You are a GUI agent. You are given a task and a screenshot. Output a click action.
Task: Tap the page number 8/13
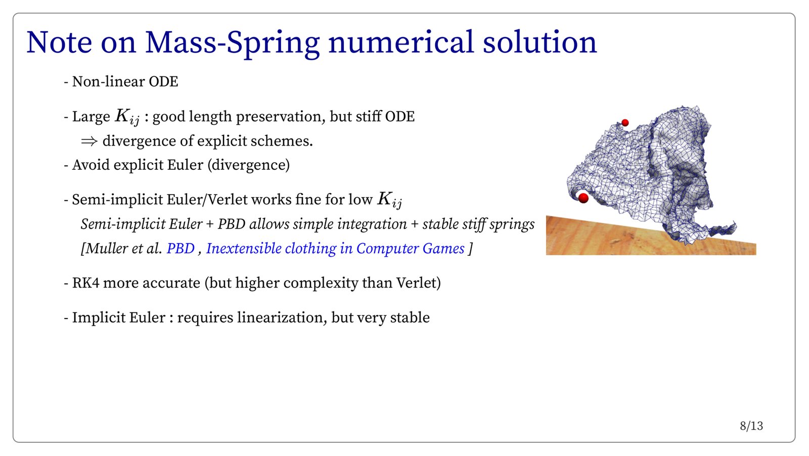(751, 426)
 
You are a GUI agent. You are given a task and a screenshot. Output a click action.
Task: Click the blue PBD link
(180, 248)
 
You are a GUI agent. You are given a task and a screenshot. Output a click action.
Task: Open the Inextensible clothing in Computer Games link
(335, 249)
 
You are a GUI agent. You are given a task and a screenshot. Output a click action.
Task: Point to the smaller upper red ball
(625, 123)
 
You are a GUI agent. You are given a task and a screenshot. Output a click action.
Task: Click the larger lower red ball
(583, 198)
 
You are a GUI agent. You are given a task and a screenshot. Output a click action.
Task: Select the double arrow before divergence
(89, 141)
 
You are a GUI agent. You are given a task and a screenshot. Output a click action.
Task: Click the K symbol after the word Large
(127, 117)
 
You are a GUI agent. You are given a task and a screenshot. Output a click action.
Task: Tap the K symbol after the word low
(389, 200)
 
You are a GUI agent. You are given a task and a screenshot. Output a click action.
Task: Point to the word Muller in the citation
(105, 248)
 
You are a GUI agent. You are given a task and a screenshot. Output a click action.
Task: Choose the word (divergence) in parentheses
(248, 165)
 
